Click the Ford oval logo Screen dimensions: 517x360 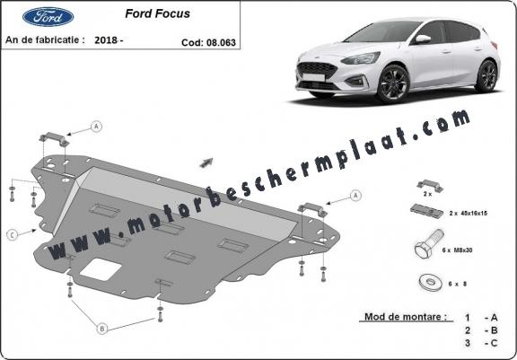48,16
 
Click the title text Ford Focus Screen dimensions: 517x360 158,13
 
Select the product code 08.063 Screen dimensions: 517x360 221,42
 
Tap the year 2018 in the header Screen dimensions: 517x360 106,40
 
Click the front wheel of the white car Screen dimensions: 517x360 393,83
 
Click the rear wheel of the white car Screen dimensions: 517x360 486,75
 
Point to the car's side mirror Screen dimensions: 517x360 423,39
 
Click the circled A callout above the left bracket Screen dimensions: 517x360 96,127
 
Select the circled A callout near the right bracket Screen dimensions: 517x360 355,196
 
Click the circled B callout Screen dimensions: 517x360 102,329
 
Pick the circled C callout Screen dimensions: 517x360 12,235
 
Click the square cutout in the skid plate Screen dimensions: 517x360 101,269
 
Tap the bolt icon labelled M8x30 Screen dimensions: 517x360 429,244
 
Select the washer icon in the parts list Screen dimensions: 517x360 431,283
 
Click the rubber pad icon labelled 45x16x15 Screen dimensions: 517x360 426,210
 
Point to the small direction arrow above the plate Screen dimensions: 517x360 206,162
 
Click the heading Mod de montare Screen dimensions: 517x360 406,317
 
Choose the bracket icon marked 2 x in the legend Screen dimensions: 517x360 430,186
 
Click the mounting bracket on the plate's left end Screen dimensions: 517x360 55,139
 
